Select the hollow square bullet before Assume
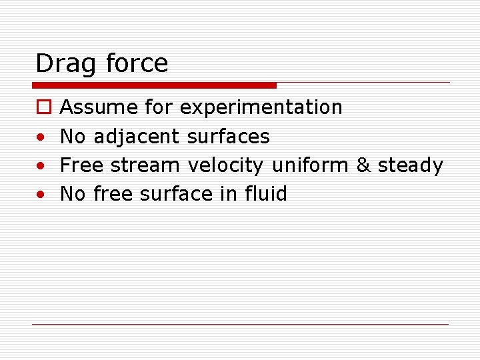coord(41,107)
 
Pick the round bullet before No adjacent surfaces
coord(41,137)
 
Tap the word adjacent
coord(137,137)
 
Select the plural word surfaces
coord(228,137)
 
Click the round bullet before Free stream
coord(41,166)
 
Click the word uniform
coord(310,165)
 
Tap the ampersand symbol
coord(363,165)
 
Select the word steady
coord(410,166)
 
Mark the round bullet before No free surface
coord(41,195)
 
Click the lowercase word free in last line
coord(113,194)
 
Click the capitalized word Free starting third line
coord(82,165)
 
